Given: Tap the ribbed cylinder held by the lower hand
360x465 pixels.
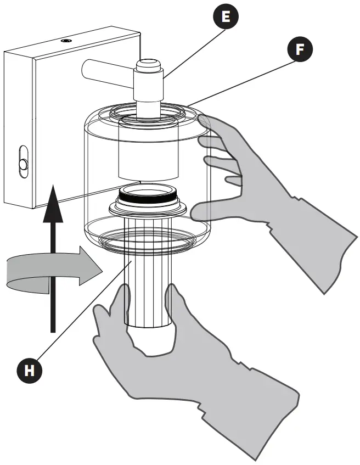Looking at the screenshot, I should (149, 285).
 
